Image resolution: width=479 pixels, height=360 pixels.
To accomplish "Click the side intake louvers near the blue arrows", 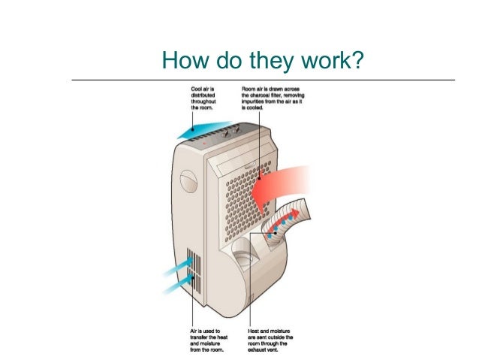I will (194, 271).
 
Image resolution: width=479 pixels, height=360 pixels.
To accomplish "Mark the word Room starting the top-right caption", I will (249, 89).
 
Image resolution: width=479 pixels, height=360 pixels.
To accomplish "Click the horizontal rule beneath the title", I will (263, 79).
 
